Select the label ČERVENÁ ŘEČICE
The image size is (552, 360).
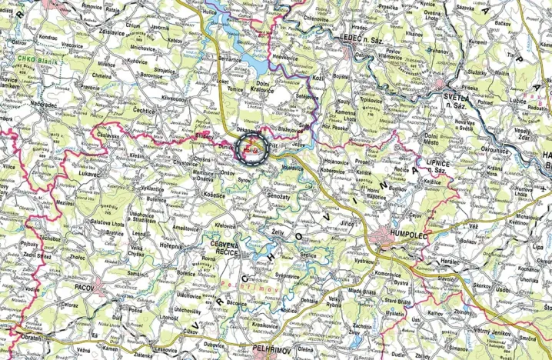pos(209,249)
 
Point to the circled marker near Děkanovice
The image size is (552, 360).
pos(252,149)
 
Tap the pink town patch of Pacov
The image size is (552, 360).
pos(101,288)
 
